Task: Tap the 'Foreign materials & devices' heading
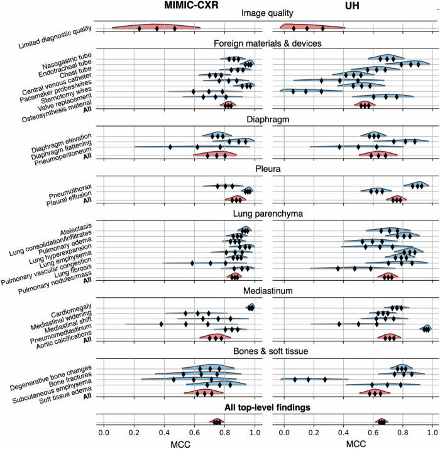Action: [267, 43]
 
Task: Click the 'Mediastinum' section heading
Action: [267, 292]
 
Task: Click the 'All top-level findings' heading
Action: [267, 407]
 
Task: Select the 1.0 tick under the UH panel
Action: [432, 433]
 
